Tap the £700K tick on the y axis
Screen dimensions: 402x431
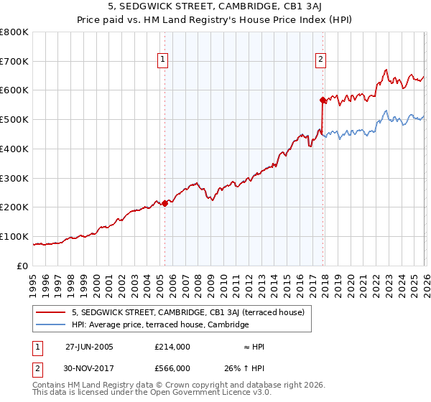coord(14,62)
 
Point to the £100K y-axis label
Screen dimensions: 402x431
coord(14,236)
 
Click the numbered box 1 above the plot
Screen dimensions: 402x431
coord(164,60)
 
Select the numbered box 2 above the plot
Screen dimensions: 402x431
coord(320,60)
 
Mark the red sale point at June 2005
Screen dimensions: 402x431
coord(164,203)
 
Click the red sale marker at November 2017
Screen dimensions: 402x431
coord(323,100)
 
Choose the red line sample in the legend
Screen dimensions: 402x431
coord(51,312)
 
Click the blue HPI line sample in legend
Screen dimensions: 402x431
coord(51,324)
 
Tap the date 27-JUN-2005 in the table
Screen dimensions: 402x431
coord(89,347)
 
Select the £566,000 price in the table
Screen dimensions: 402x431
coord(172,368)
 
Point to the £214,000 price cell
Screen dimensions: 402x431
coord(172,347)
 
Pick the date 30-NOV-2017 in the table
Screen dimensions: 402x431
coord(89,368)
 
